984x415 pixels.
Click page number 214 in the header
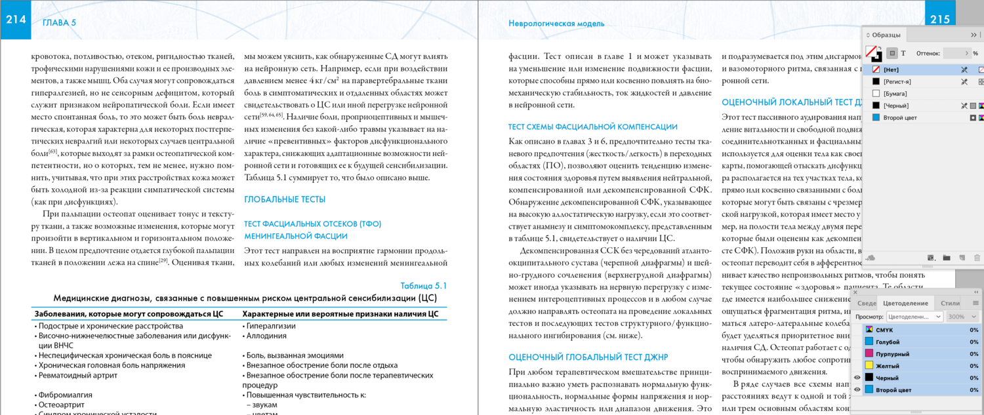(x=16, y=20)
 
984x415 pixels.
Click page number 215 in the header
(x=940, y=20)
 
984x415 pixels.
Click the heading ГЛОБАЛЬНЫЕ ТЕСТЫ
(x=285, y=199)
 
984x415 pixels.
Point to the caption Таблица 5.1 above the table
(x=423, y=285)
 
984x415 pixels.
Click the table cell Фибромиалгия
(x=65, y=395)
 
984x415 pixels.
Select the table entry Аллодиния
(x=266, y=336)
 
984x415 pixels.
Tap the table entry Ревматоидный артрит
(x=78, y=375)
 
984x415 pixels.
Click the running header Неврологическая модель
(x=556, y=24)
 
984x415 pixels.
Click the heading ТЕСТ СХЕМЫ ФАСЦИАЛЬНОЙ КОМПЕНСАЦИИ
(x=593, y=127)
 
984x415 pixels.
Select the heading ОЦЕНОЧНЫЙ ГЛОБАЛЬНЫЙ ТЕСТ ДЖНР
(x=588, y=357)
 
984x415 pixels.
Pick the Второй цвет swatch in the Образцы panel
(x=900, y=117)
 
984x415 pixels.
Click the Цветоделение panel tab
(x=905, y=303)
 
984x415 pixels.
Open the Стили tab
(x=950, y=303)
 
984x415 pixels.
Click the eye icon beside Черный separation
(x=857, y=378)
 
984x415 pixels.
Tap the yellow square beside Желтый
(x=869, y=366)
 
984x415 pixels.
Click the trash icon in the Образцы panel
(x=977, y=258)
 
